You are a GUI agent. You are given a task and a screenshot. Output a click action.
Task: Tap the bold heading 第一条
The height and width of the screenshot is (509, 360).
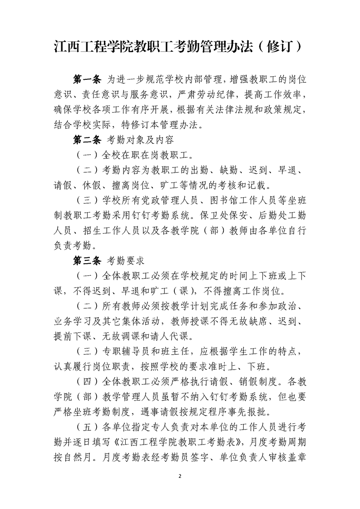coord(87,80)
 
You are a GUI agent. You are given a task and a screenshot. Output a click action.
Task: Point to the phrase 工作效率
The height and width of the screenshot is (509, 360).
coord(275,95)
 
